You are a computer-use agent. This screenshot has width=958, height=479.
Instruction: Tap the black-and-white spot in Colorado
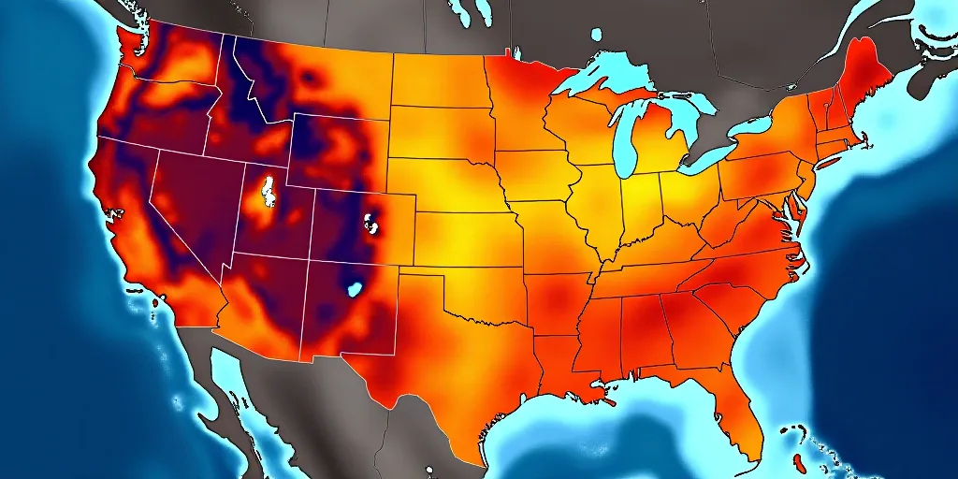click(371, 225)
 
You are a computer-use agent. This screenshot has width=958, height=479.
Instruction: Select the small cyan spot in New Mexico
click(355, 288)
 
